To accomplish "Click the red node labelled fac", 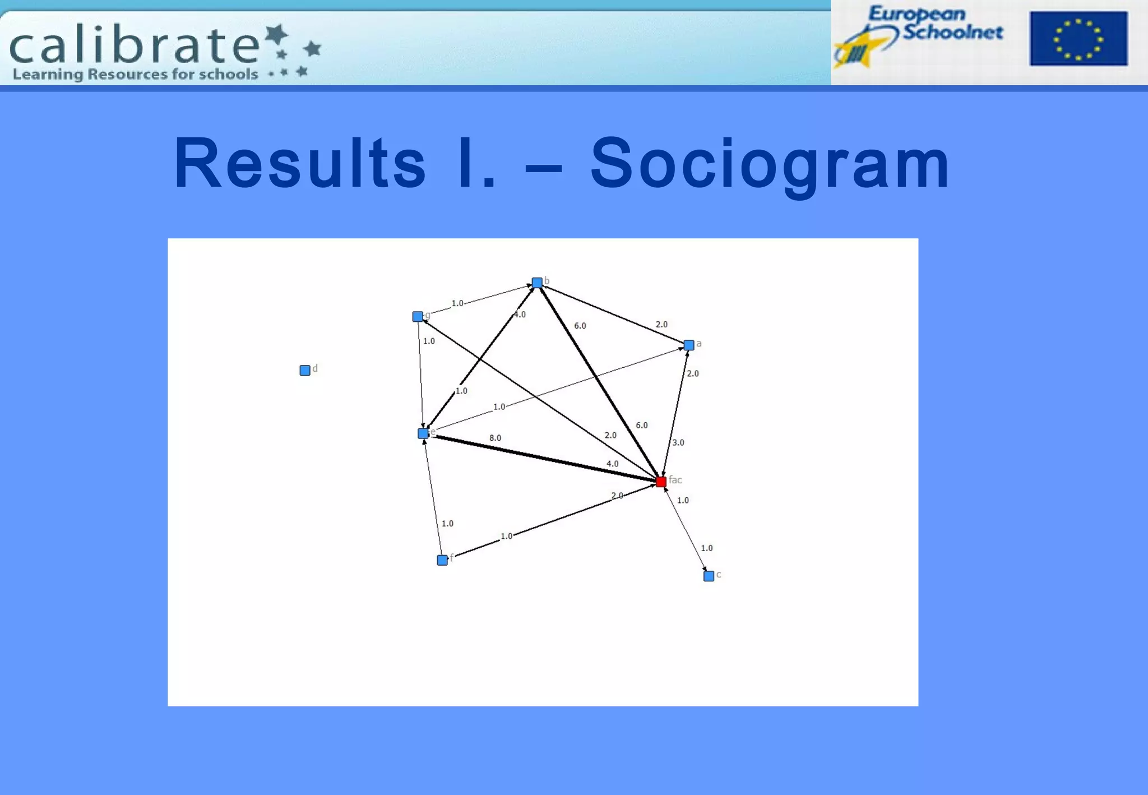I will [661, 482].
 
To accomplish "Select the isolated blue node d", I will [305, 370].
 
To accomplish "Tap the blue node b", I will [537, 283].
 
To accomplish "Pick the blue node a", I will [689, 345].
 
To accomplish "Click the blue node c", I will [709, 576].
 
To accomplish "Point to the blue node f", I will [442, 560].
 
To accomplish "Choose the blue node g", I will [418, 317].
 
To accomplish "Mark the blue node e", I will [423, 433].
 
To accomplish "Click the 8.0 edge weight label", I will [495, 438].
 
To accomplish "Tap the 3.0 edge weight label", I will [678, 442].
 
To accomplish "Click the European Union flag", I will [1078, 39].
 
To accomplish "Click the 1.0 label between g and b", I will [457, 303].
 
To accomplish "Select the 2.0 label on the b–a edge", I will [661, 324].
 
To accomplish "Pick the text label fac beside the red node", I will [675, 479].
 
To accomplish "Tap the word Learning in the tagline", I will [48, 75].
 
